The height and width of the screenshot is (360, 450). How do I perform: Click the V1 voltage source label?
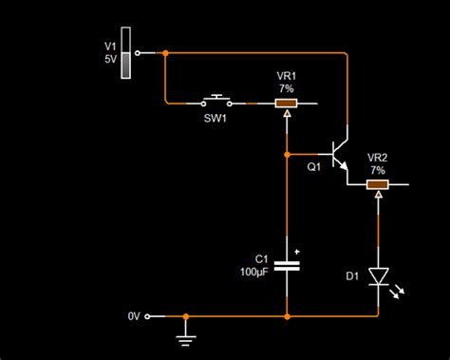(109, 45)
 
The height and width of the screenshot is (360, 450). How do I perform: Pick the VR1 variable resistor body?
(286, 102)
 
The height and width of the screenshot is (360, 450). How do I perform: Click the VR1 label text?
(286, 75)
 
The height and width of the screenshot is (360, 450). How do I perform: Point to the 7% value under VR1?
(286, 87)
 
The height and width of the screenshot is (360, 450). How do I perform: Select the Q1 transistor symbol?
(338, 154)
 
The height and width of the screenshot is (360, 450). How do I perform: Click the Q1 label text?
(314, 166)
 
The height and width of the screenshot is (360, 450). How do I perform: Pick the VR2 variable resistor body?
(378, 184)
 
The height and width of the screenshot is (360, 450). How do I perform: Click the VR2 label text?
(378, 158)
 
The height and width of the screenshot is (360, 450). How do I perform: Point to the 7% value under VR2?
(378, 170)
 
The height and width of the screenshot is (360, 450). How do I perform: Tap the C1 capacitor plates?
(287, 265)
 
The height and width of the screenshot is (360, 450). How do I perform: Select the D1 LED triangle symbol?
(378, 276)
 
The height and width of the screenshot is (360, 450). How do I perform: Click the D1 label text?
(351, 276)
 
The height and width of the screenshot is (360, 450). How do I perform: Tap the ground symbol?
(186, 332)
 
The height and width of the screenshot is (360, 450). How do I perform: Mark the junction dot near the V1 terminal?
(165, 52)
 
